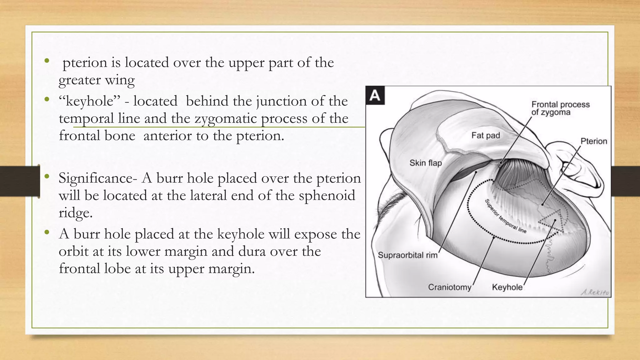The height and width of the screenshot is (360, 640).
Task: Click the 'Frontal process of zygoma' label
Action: click(560, 108)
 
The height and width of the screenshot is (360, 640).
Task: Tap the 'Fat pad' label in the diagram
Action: click(486, 135)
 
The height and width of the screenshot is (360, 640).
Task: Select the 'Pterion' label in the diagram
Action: click(593, 141)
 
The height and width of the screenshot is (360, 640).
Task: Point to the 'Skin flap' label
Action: click(426, 163)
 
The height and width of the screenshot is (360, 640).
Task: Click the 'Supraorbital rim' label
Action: click(407, 255)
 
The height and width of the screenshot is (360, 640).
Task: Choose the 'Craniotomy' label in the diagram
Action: click(449, 287)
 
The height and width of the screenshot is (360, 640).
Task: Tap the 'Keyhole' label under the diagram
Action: click(507, 287)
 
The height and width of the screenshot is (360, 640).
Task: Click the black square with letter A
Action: click(375, 96)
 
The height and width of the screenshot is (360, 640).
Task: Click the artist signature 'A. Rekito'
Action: click(595, 292)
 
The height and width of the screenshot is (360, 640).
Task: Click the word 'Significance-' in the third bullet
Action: click(98, 178)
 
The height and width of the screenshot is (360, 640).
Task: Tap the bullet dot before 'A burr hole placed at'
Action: click(47, 232)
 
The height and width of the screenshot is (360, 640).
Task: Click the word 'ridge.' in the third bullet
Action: click(76, 213)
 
